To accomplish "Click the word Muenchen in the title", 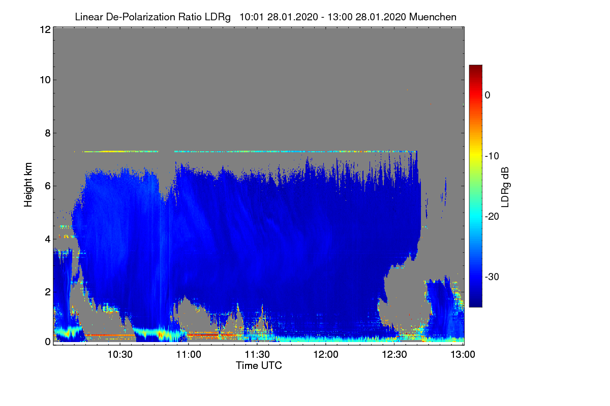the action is coord(433,17).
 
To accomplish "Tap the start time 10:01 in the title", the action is coord(251,17).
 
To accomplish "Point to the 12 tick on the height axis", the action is coord(45,29).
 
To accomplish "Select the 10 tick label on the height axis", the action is coord(45,80).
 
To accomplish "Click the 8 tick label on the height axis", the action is coord(48,133).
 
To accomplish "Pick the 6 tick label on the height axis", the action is coord(48,186).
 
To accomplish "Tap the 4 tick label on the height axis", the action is coord(48,240).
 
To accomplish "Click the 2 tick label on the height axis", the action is coord(48,292).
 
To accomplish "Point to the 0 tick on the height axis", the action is coord(48,342).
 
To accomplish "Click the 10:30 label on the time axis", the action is coord(120,354).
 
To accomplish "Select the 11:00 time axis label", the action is coord(189,354).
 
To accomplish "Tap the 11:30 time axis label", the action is coord(257,354).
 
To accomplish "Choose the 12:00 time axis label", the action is coord(326,354).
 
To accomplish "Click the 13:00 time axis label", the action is coord(463,354).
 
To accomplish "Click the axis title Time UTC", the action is coord(259,365).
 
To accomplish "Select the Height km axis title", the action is coord(28,185).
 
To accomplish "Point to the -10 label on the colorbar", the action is coord(492,156).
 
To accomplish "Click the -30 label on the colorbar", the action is coord(492,277).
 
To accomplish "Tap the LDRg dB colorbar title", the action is coord(505,187).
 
